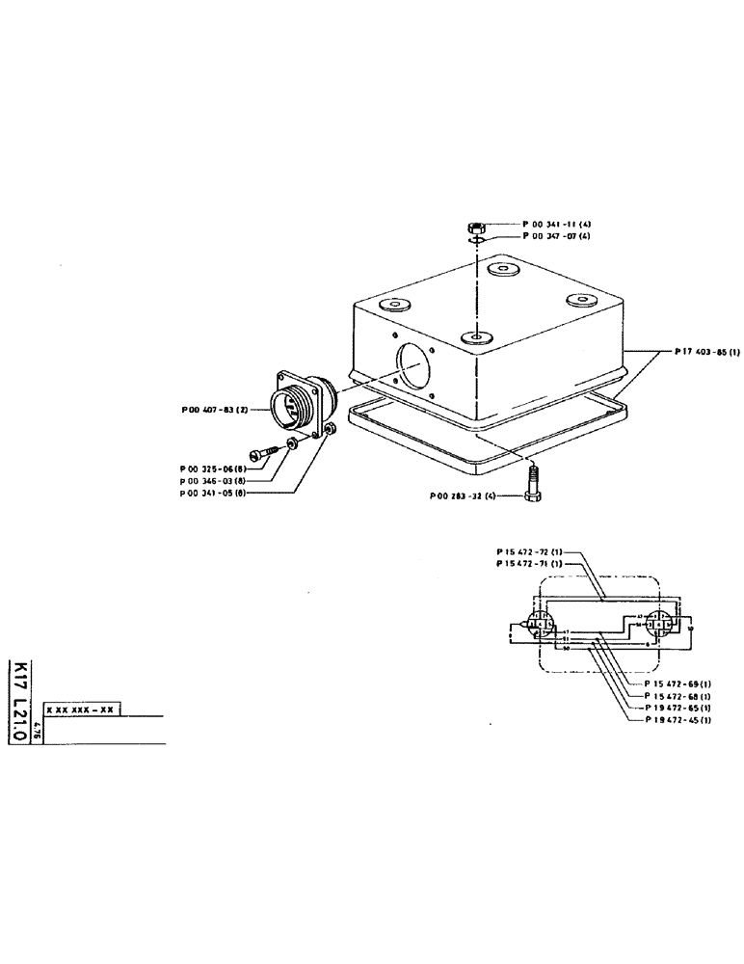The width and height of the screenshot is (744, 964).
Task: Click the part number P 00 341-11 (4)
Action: (x=556, y=224)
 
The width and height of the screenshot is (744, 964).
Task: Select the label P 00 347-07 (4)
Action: (x=556, y=235)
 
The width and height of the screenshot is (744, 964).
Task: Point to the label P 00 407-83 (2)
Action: (x=216, y=410)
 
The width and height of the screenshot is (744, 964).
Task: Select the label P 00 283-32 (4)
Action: (x=465, y=497)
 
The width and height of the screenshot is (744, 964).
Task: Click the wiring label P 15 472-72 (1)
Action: (x=529, y=551)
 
